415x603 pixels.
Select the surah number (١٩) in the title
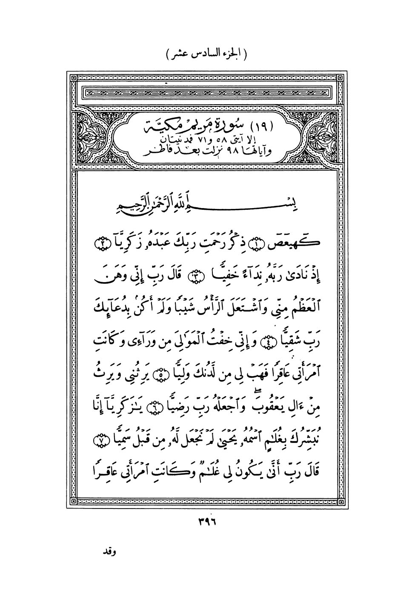coord(261,127)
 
